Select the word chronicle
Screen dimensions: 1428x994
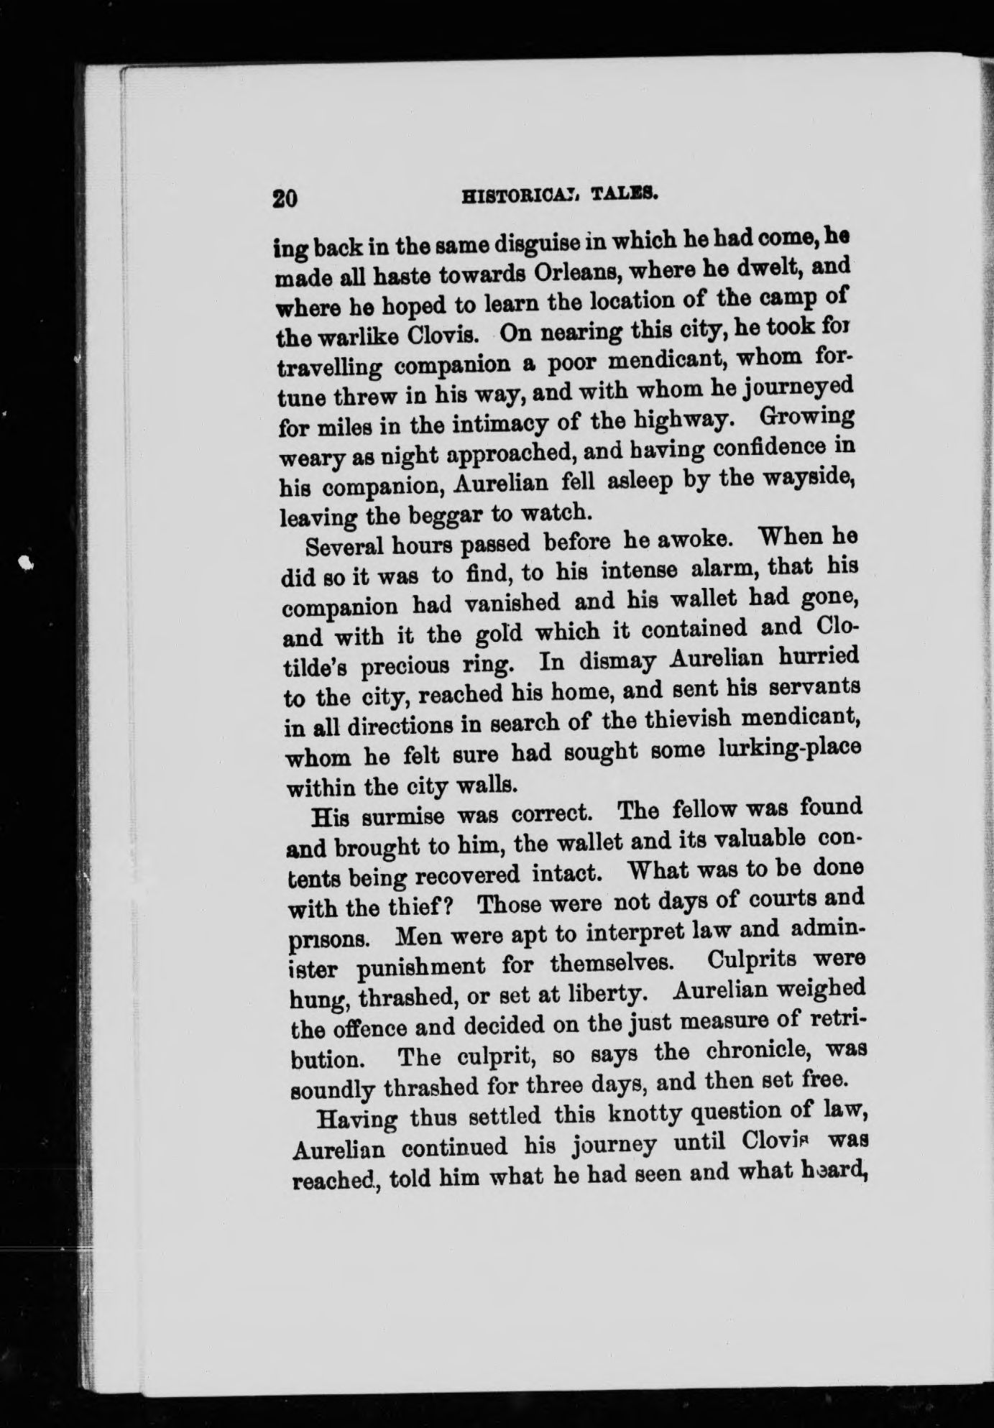click(x=743, y=1053)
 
